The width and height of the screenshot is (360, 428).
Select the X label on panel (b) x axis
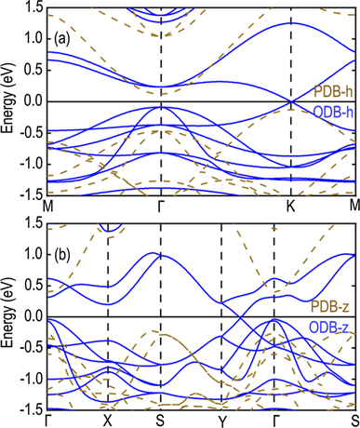108,420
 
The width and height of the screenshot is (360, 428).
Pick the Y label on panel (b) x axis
221,420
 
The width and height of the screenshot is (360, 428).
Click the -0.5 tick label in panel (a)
28,132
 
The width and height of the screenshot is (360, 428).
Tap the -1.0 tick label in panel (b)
28,379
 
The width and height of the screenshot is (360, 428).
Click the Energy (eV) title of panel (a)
7,100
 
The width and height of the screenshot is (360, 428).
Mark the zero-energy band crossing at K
291,101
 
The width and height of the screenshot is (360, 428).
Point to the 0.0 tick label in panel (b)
30,316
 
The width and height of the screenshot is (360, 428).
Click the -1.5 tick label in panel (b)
28,408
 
